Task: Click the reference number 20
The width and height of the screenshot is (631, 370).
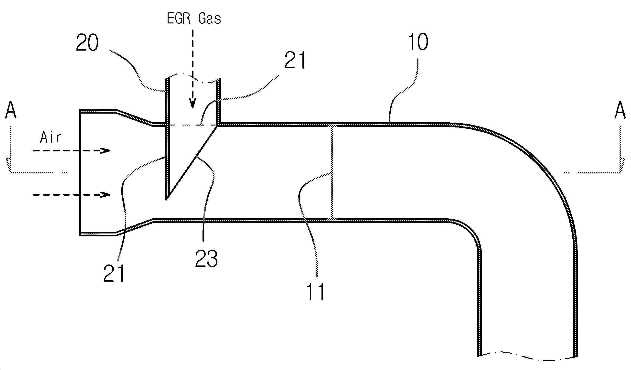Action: pos(87,43)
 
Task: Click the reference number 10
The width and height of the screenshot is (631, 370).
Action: pos(418,42)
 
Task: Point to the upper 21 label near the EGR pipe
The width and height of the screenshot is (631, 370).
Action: pos(295,60)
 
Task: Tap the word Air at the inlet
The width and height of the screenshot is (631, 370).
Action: pos(50,137)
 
